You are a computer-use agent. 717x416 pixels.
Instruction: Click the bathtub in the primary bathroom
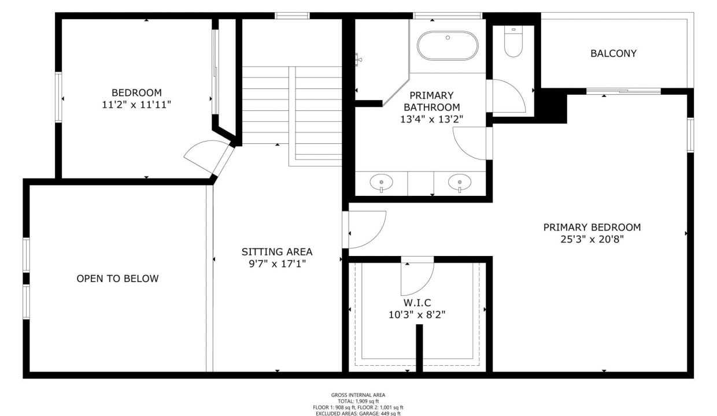[448, 46]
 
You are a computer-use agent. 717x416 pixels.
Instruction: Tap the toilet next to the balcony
[513, 42]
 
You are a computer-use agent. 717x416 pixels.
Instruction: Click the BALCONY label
[613, 53]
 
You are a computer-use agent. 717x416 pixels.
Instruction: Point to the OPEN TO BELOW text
[117, 278]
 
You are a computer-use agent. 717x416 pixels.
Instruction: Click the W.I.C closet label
[417, 303]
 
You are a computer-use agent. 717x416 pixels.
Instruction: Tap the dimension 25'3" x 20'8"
[592, 239]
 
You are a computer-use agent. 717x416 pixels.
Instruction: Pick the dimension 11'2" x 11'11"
[136, 105]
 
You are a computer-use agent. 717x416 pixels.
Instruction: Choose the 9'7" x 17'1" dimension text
[277, 264]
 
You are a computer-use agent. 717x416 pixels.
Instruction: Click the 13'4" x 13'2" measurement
[431, 119]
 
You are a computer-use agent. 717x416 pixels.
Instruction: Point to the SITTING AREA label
[277, 252]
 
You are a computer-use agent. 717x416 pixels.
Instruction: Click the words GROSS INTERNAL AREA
[358, 395]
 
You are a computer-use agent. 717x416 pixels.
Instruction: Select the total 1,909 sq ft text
[358, 402]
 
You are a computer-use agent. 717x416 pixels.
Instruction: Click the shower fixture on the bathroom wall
[358, 60]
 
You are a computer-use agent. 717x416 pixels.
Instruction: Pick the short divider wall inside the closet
[419, 348]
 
